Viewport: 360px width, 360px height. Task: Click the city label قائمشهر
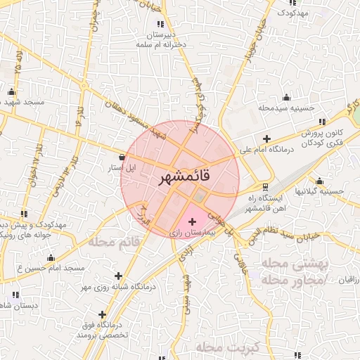point(180,179)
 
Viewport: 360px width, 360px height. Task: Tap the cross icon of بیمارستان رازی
point(193,221)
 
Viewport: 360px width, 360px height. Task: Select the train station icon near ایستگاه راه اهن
point(265,186)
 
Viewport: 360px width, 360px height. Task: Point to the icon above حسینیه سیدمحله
point(286,97)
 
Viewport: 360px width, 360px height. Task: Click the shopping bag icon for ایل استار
point(123,157)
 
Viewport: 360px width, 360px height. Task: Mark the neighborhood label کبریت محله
point(229,347)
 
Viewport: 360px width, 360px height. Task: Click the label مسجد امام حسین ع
point(51,269)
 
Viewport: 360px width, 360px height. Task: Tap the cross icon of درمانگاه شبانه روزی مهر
point(118,276)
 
